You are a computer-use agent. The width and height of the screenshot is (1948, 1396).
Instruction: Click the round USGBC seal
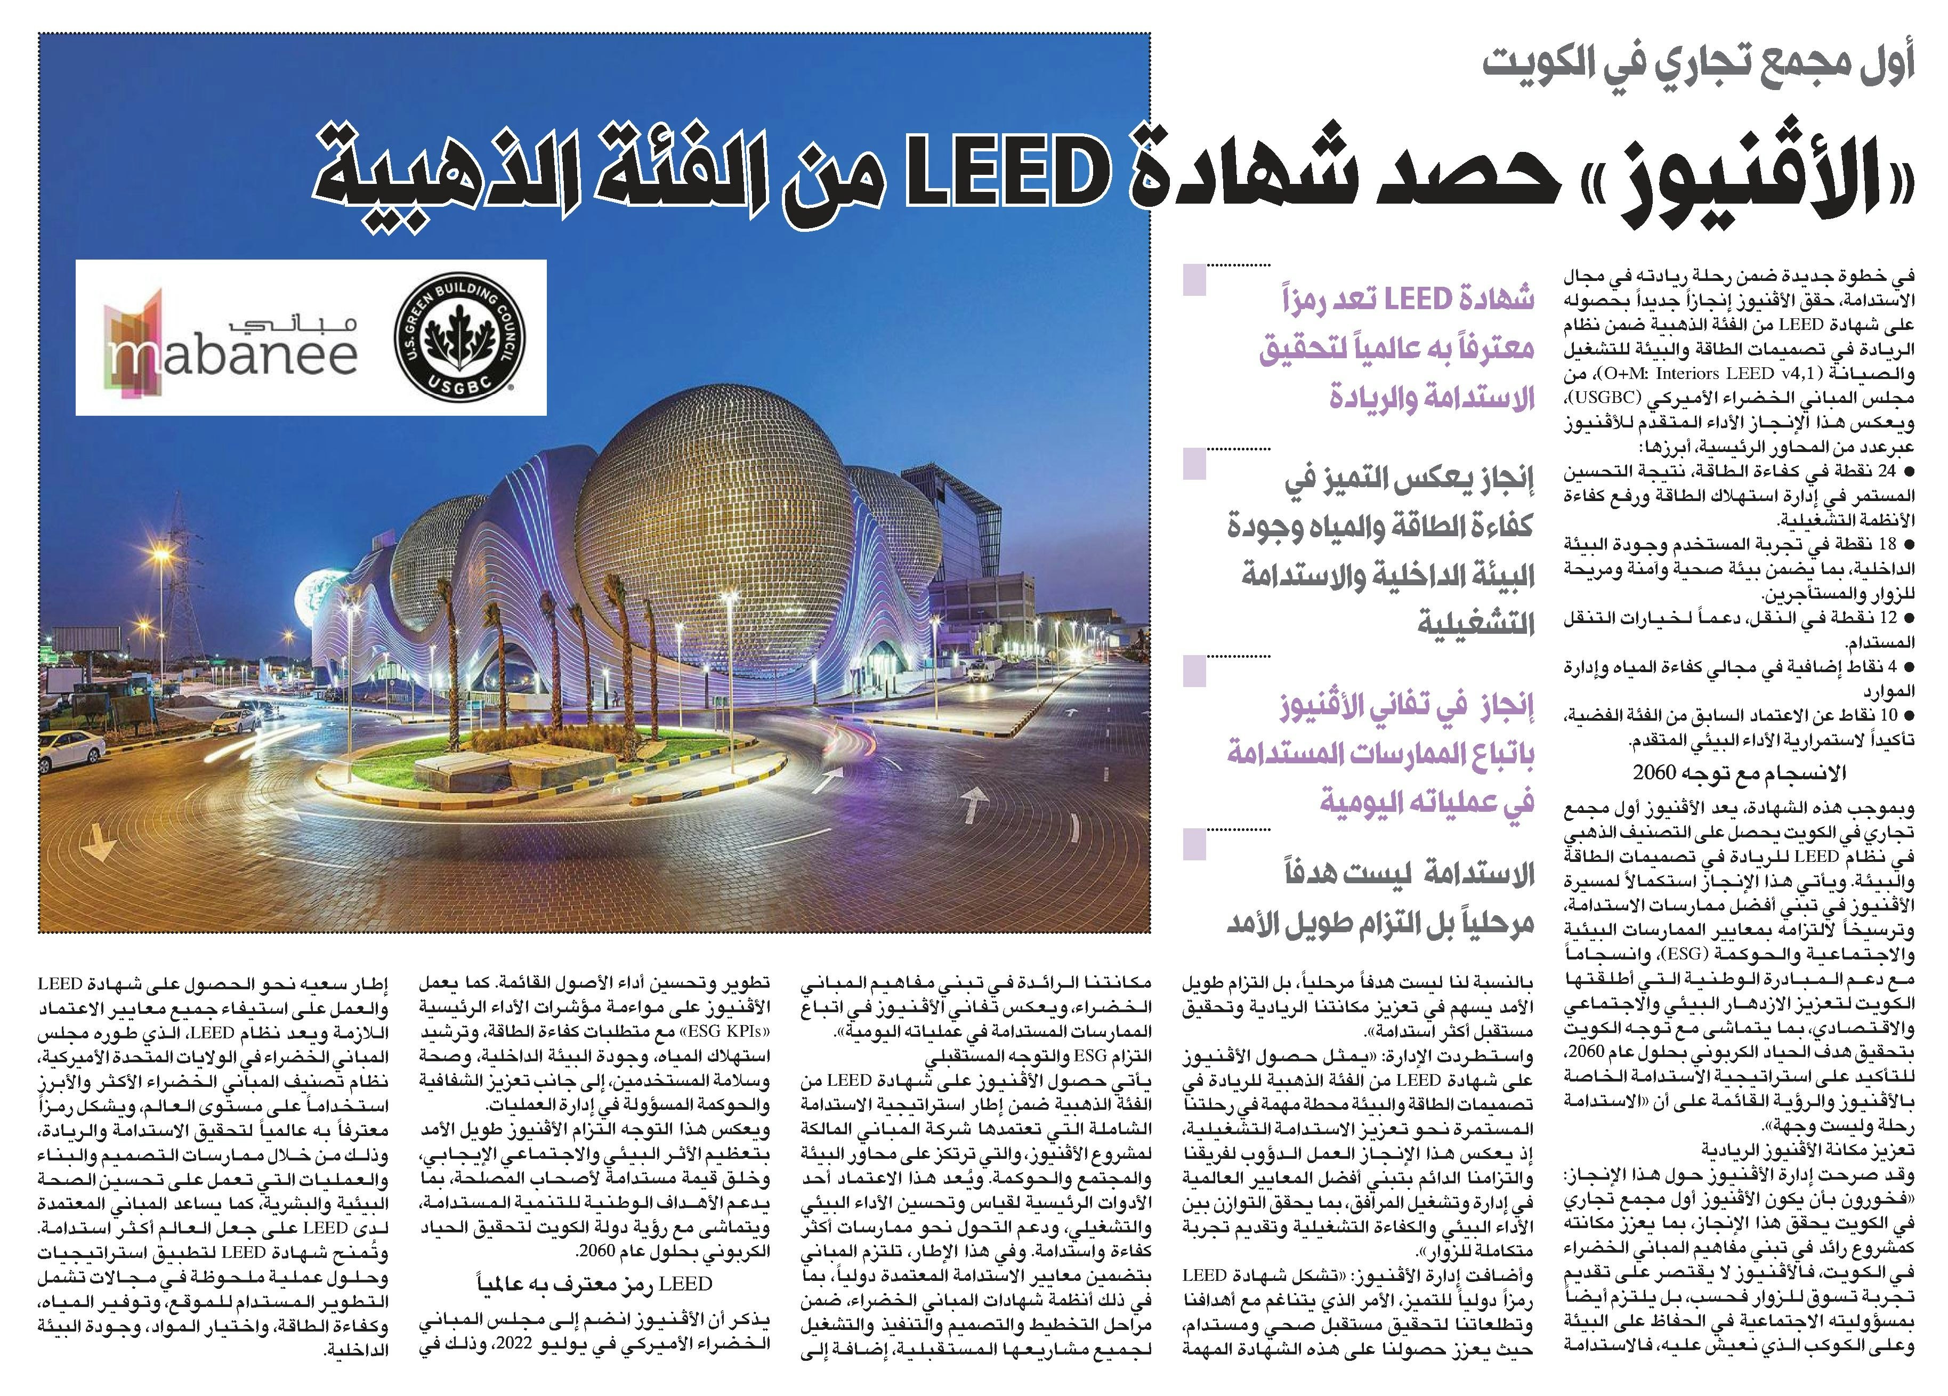coord(455,337)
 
